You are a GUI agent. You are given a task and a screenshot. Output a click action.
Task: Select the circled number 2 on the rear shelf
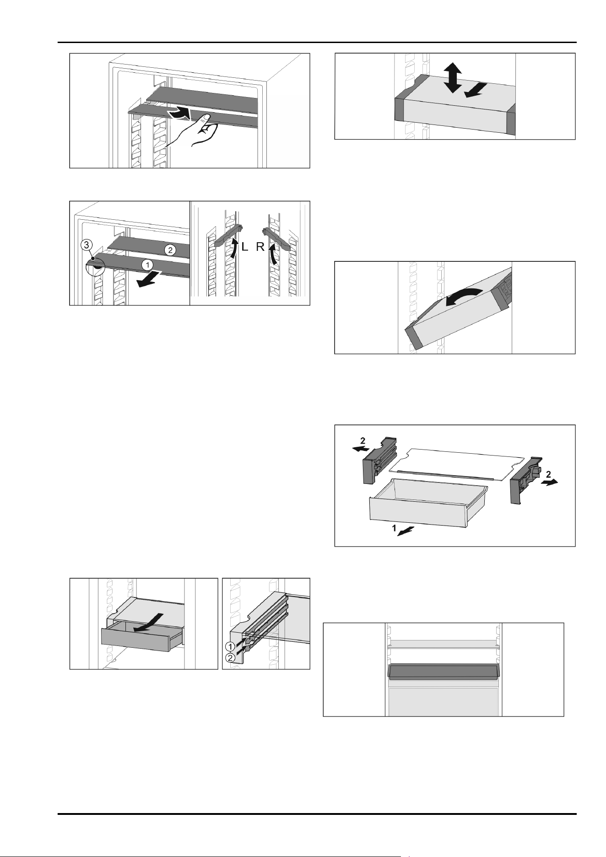click(x=170, y=250)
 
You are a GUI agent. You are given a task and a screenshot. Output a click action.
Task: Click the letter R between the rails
click(x=260, y=248)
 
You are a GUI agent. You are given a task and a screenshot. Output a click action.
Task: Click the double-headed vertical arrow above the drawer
click(x=452, y=78)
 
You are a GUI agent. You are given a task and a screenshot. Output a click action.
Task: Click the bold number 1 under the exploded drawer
click(x=393, y=528)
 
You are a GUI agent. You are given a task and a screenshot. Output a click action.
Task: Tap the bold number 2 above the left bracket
click(x=363, y=441)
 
